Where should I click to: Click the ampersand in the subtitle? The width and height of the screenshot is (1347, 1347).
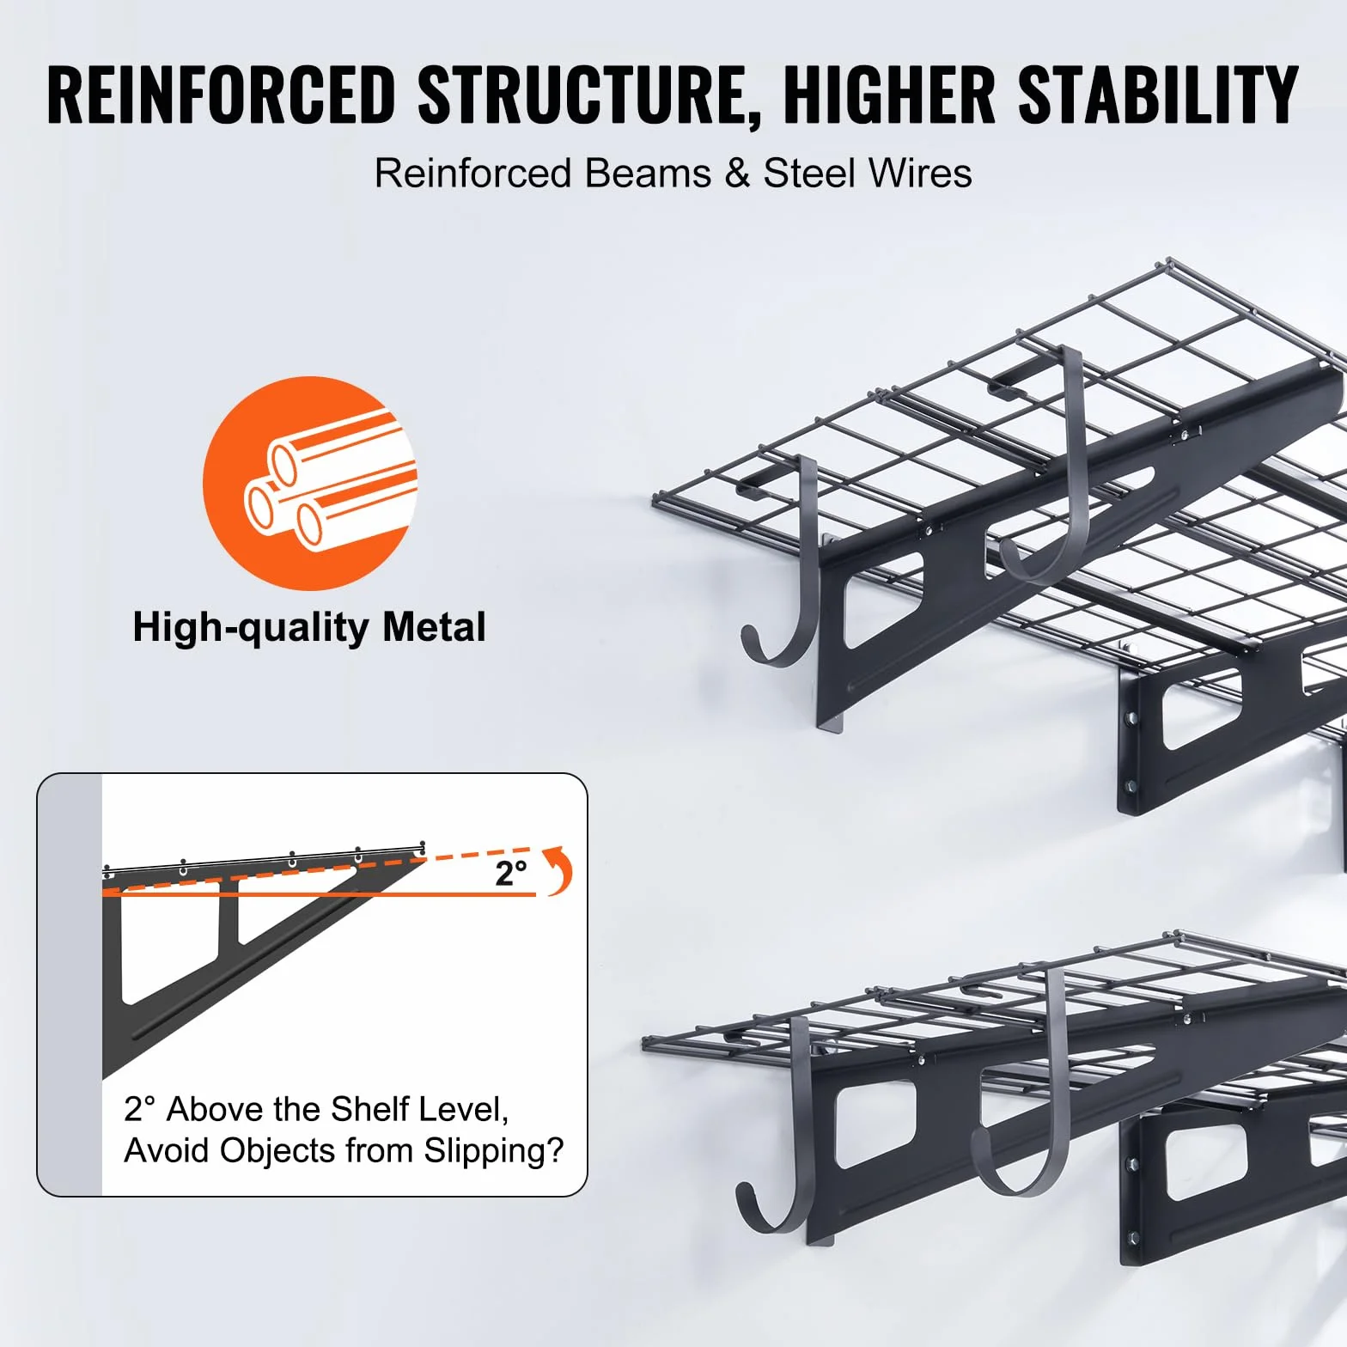click(737, 174)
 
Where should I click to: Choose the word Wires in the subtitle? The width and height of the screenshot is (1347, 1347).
click(920, 174)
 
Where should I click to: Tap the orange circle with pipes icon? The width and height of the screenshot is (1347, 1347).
click(310, 483)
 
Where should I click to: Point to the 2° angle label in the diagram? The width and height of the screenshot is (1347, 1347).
click(510, 874)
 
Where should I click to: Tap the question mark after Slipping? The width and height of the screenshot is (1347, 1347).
click(555, 1150)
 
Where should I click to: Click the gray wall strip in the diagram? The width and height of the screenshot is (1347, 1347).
click(70, 984)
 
